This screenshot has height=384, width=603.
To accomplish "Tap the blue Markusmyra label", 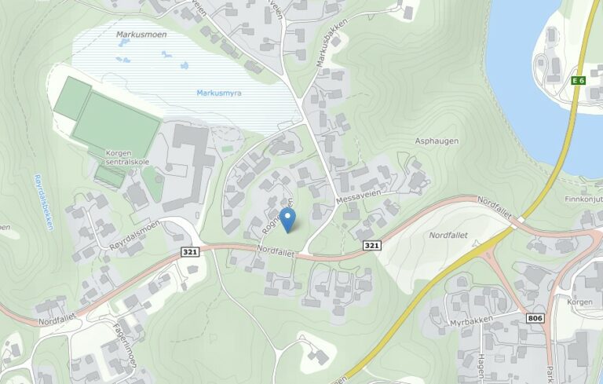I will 219,93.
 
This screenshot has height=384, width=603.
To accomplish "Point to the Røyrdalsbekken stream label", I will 42,201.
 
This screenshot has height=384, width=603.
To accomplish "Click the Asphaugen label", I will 437,141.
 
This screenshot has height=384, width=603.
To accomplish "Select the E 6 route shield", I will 579,80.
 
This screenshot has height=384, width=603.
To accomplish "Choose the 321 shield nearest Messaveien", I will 372,246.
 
